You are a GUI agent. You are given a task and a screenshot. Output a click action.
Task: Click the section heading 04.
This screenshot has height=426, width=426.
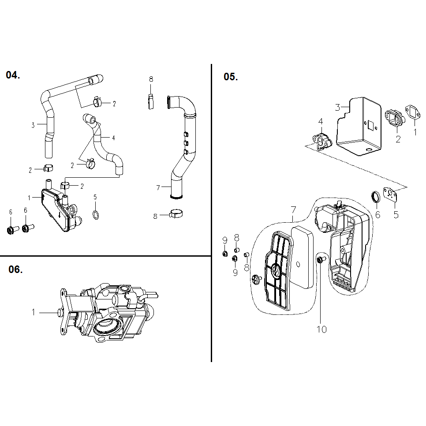click(13, 75)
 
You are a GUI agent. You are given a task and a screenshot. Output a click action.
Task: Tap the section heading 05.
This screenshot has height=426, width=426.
click(231, 77)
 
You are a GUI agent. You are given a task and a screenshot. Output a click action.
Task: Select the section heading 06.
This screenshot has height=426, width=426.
click(15, 269)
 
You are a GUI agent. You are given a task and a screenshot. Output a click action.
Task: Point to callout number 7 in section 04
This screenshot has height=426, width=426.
click(157, 188)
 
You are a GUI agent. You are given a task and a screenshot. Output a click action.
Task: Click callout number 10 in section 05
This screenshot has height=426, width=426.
click(322, 329)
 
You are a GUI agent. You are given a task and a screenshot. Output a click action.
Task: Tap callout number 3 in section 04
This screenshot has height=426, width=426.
click(33, 125)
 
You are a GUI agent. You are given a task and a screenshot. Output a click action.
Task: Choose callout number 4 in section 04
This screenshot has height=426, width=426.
click(113, 138)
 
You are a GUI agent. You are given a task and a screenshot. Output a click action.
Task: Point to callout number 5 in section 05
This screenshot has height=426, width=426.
click(396, 215)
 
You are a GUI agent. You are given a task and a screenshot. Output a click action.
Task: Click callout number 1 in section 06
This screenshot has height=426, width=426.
click(33, 312)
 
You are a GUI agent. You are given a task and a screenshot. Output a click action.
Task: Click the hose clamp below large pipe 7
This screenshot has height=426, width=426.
click(176, 214)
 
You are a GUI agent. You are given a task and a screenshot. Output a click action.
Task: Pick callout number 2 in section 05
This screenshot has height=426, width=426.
click(398, 139)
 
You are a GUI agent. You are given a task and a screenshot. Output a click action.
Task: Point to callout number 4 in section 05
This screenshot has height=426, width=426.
click(321, 121)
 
